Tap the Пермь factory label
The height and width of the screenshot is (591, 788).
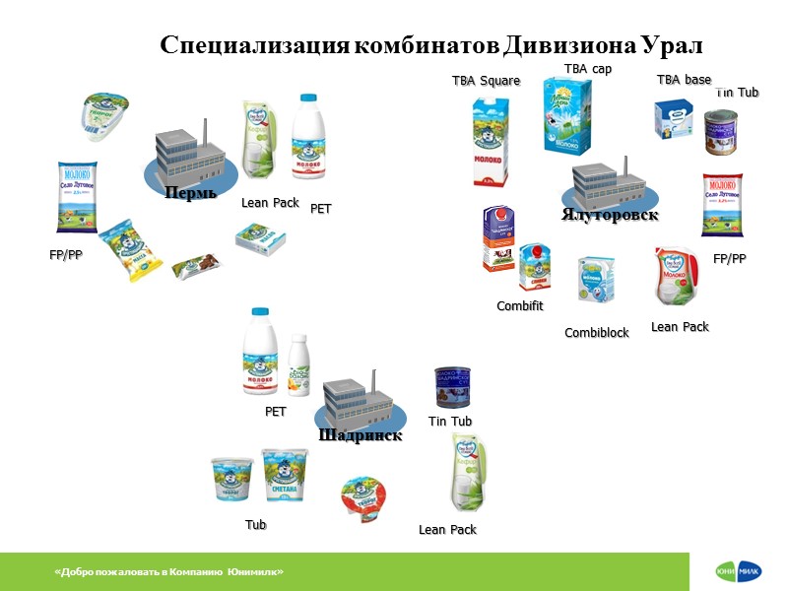click(x=191, y=192)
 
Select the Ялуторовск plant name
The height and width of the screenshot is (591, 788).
click(x=610, y=215)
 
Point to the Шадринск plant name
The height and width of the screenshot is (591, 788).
click(x=360, y=435)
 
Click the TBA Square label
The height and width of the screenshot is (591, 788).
click(x=486, y=81)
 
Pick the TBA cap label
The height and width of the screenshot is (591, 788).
click(x=588, y=68)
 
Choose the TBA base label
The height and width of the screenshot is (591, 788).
click(x=684, y=80)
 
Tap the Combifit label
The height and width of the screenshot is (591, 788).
click(x=519, y=306)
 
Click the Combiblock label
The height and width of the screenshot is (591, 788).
click(x=596, y=333)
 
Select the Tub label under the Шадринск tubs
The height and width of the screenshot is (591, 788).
click(x=256, y=525)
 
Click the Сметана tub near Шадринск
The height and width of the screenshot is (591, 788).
click(x=285, y=477)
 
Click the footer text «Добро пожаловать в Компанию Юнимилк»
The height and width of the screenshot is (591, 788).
click(x=169, y=572)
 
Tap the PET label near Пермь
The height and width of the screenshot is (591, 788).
click(x=321, y=209)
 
